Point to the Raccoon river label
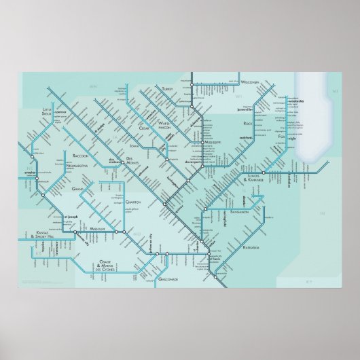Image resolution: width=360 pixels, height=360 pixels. pos(71,155)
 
